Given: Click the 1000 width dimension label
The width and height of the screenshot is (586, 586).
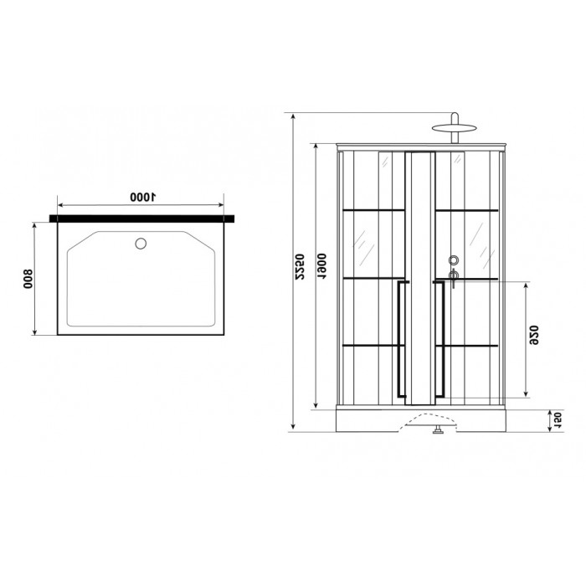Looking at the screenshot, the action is coord(142,197).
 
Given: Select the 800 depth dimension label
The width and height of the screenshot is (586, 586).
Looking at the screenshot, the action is coord(28,279).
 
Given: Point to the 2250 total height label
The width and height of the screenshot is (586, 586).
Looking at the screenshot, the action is coord(300,267).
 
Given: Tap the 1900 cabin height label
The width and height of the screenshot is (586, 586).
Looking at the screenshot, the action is coord(321,266).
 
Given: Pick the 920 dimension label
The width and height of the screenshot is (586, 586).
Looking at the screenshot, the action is coord(534,335).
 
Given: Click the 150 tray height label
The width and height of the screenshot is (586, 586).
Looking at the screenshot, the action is coord(557,420).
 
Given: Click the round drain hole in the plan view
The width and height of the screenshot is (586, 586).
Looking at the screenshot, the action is coord(141,244).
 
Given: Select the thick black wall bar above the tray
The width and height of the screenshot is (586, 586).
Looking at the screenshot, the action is coord(142,218).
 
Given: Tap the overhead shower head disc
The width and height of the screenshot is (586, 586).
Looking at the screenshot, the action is coord(454,128).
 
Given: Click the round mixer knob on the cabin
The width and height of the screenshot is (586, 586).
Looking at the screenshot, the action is coord(454,260).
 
